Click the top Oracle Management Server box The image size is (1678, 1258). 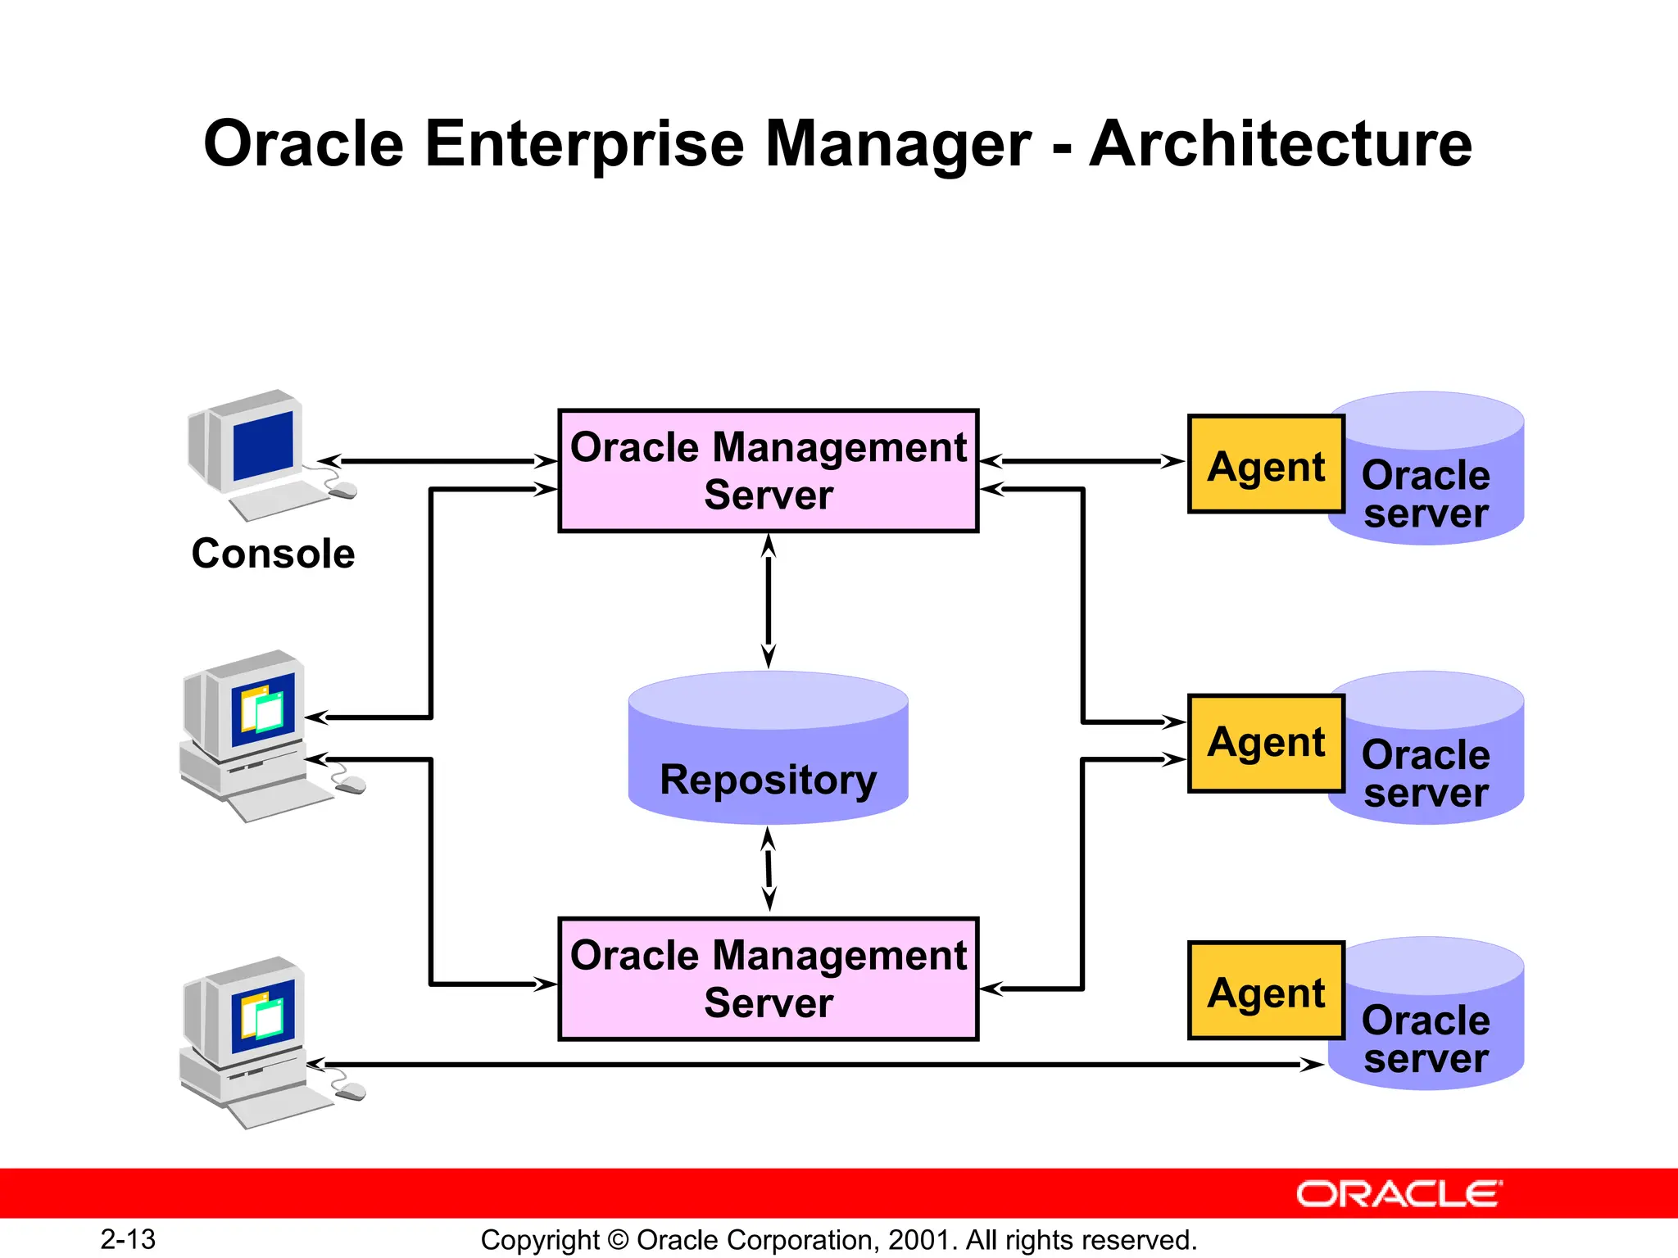point(768,471)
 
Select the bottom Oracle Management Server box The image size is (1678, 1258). point(768,979)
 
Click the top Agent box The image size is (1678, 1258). point(1266,464)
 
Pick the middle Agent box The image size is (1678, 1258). point(1266,743)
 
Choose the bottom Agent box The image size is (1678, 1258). point(1266,991)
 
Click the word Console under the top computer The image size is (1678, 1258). point(273,554)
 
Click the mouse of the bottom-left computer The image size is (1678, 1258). point(351,1091)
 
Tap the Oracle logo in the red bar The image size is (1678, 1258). point(1399,1194)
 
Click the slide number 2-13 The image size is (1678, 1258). point(128,1239)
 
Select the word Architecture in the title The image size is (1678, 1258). point(1280,144)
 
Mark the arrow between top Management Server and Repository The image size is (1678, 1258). point(768,600)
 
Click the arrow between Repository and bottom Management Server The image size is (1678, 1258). point(769,869)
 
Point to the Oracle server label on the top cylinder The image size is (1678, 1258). point(1426,494)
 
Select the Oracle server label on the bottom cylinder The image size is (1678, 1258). point(1426,1039)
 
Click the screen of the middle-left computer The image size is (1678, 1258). point(264,709)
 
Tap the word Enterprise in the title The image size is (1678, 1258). point(586,144)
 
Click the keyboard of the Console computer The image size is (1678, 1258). point(279,500)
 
